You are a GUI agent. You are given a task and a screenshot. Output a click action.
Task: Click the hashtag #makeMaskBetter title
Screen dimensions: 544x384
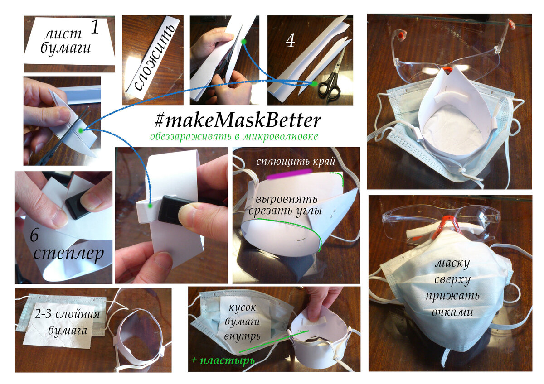click(x=238, y=120)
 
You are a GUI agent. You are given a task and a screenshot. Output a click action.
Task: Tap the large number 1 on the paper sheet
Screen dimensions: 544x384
click(x=95, y=27)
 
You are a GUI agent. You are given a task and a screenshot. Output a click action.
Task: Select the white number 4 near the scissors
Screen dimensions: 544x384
click(x=290, y=41)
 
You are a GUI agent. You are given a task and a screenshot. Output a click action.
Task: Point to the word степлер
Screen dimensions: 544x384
click(x=69, y=254)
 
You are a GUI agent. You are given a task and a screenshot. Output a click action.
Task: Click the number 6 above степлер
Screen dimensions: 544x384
click(x=34, y=235)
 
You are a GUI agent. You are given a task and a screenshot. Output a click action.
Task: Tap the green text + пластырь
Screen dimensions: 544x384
click(x=223, y=360)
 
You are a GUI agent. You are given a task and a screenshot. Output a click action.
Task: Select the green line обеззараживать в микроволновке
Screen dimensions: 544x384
click(x=234, y=137)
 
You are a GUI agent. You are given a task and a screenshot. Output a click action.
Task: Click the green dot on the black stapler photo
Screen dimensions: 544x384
click(x=151, y=206)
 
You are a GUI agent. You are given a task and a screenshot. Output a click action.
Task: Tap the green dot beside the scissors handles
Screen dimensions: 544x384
click(x=314, y=84)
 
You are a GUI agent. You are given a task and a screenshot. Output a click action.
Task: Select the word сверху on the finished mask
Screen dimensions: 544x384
click(x=452, y=280)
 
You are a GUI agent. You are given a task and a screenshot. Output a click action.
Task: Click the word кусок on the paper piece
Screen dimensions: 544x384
click(x=242, y=308)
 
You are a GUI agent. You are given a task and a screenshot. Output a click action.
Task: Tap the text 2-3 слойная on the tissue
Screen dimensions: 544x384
click(x=67, y=314)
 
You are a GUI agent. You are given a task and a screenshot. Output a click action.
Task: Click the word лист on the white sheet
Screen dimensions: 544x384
click(x=63, y=34)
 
